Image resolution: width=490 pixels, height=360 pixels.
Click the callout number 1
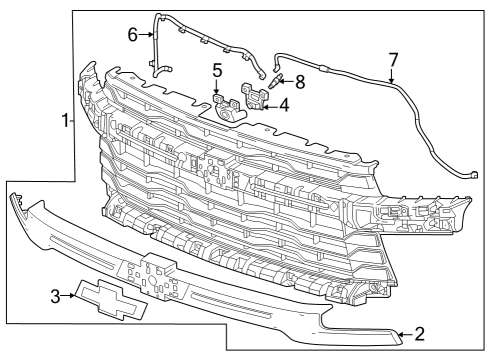(65, 121)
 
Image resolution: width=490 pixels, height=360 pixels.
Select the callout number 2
(420, 333)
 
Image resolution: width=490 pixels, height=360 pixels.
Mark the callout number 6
(132, 34)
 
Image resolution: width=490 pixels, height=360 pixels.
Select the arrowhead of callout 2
(398, 333)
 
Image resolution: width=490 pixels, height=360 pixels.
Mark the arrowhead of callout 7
(388, 80)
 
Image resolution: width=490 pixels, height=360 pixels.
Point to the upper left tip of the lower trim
(15, 199)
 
